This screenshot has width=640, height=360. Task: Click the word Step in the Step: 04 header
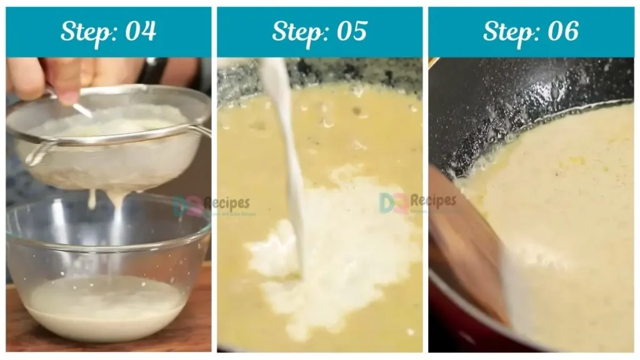click(x=84, y=31)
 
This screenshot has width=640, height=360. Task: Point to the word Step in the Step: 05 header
click(x=295, y=31)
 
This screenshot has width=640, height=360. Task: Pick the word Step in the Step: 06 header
click(x=506, y=31)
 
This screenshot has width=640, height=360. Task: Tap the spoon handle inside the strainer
click(x=81, y=110)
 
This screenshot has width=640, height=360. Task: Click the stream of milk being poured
click(x=289, y=156)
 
